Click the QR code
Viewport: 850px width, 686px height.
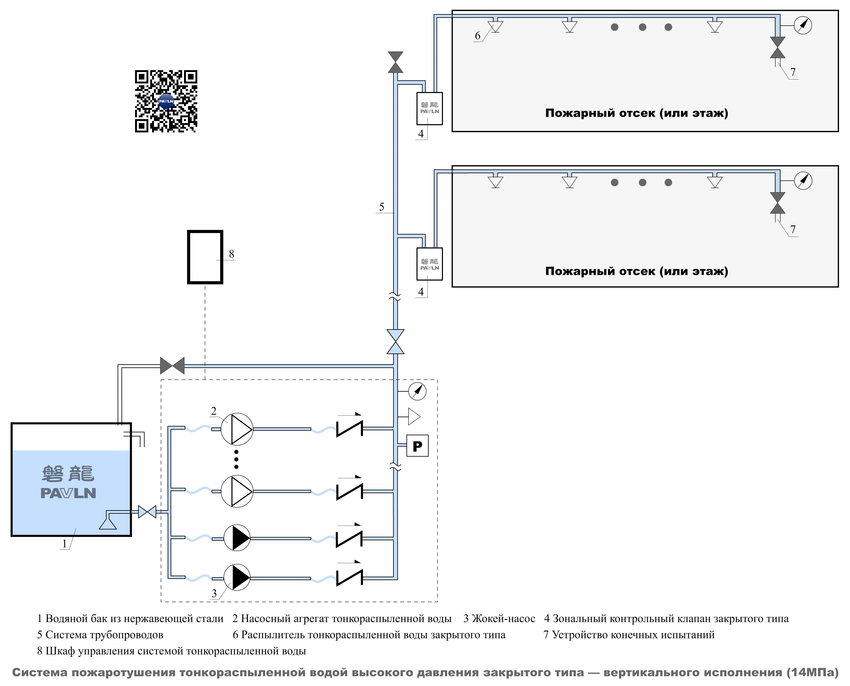click(166, 101)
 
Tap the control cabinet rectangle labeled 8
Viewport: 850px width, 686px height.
click(205, 257)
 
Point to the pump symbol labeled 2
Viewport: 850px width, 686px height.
click(237, 429)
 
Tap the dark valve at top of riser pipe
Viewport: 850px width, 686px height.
click(395, 62)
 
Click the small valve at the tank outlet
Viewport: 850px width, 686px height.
click(147, 512)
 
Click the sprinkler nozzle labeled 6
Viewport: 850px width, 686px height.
click(495, 27)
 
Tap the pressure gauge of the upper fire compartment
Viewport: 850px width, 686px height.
click(803, 25)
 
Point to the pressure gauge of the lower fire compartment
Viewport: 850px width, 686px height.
click(803, 181)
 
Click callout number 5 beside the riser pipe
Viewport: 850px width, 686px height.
click(382, 207)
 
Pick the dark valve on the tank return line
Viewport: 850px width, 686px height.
click(172, 366)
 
